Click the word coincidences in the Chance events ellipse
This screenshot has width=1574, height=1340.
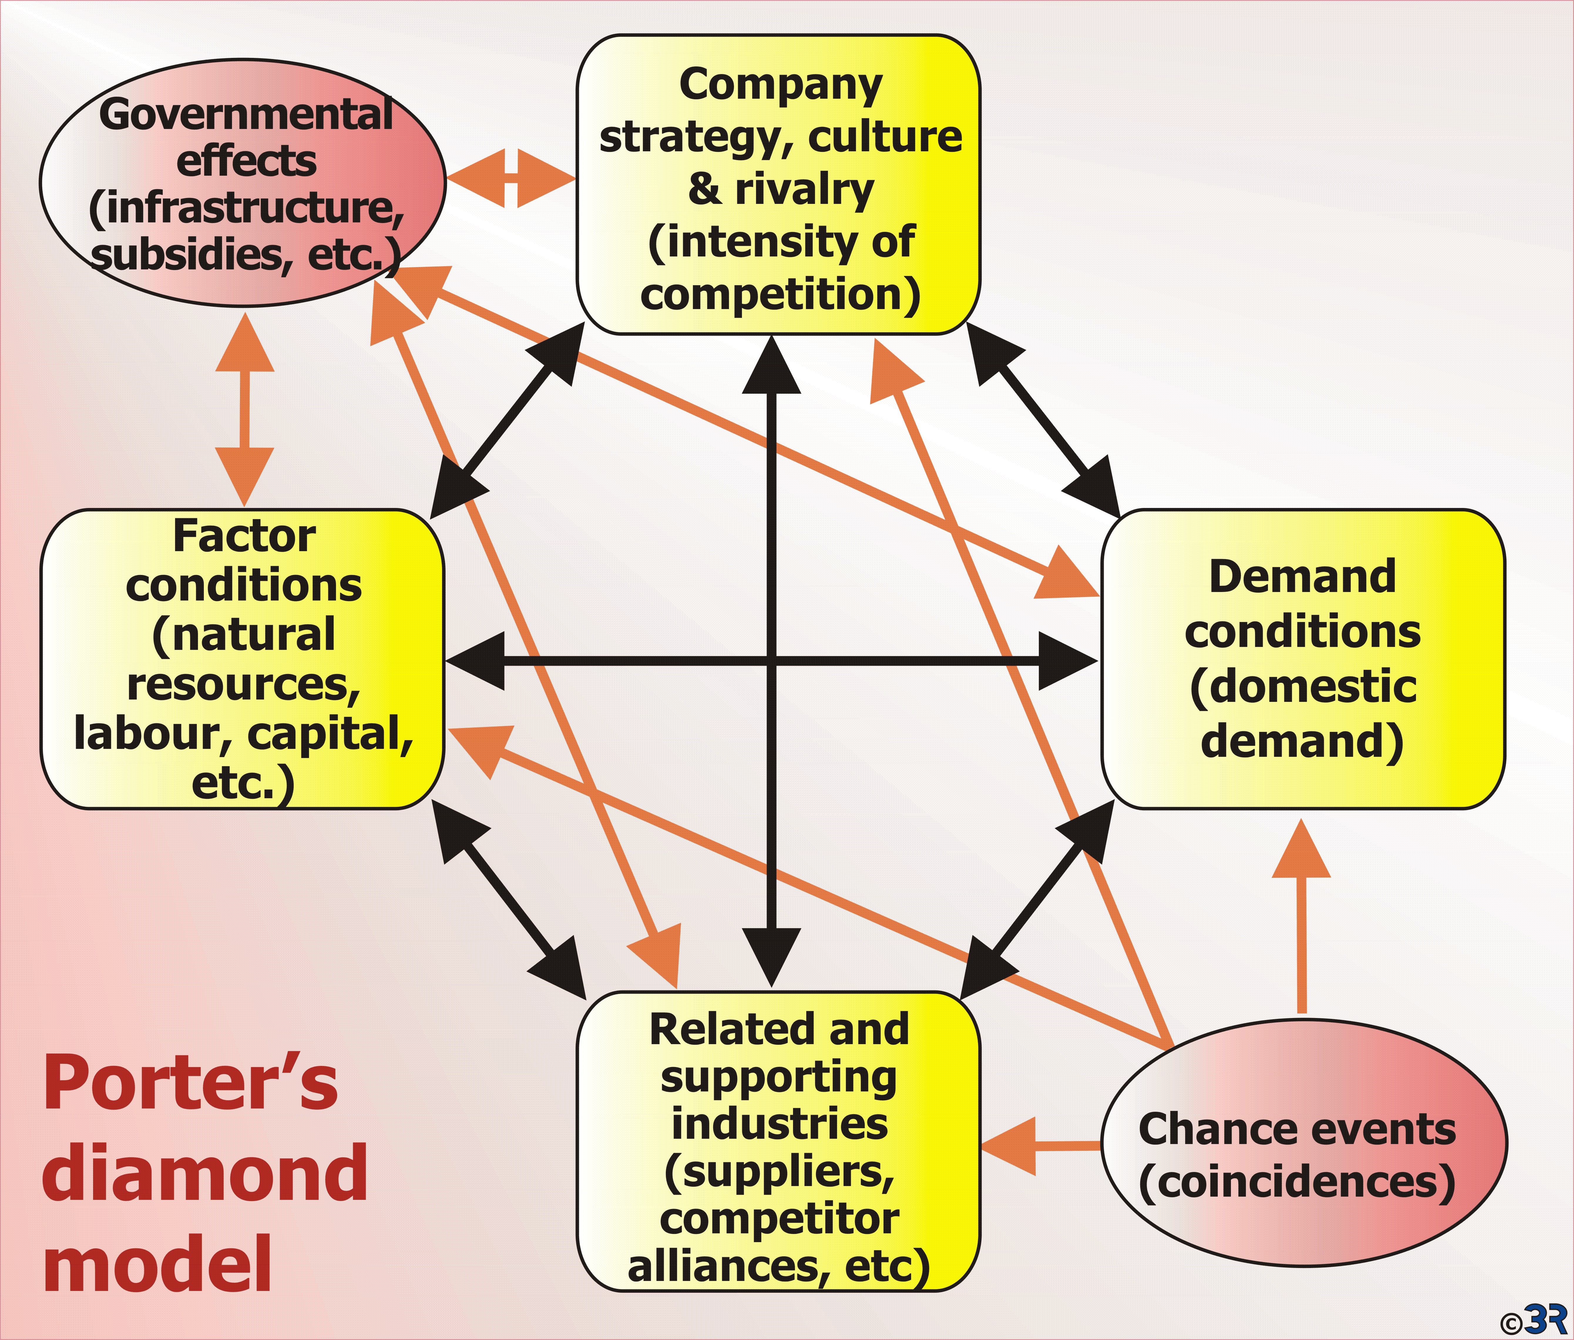[1297, 1182]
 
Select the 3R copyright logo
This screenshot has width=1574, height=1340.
[1534, 1319]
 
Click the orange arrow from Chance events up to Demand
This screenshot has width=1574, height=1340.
[1301, 916]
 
